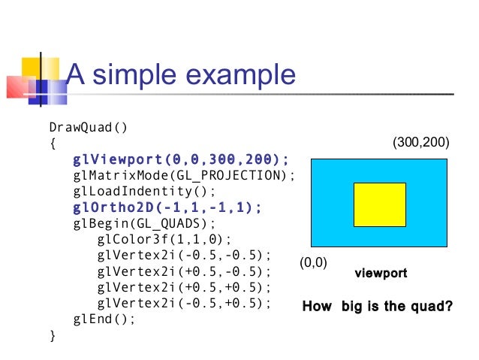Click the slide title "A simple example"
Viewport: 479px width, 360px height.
(x=181, y=75)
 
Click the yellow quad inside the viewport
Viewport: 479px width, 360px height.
(x=379, y=204)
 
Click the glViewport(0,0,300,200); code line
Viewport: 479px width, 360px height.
(x=181, y=159)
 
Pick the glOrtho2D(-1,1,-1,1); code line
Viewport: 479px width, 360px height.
(x=167, y=207)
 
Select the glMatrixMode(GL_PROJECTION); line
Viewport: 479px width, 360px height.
(x=184, y=176)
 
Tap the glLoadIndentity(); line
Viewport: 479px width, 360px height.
(x=144, y=192)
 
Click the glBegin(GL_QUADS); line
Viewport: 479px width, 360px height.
(x=144, y=224)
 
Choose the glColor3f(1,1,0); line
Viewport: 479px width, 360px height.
(x=157, y=240)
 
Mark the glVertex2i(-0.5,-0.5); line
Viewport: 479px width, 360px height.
(x=184, y=256)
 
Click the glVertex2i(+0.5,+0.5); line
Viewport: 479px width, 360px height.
(x=184, y=288)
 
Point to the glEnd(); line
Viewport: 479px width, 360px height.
(x=104, y=319)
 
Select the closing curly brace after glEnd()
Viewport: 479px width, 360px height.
(x=52, y=335)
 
